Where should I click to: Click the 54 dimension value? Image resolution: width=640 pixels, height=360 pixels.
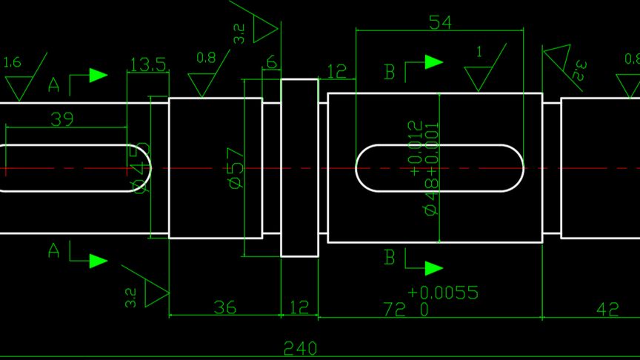[440, 22]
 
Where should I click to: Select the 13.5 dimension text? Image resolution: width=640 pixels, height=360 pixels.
[147, 65]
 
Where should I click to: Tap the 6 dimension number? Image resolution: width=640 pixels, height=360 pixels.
[271, 63]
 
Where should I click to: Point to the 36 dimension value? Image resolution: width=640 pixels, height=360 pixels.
[225, 307]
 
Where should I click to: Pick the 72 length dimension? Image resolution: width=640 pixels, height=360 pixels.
[393, 309]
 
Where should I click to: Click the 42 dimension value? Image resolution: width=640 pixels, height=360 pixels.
[607, 309]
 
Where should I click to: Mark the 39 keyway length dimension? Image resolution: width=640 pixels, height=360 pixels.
[62, 119]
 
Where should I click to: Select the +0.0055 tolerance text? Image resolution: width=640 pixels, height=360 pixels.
[442, 293]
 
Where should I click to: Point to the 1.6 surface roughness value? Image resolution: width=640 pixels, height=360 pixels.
[12, 63]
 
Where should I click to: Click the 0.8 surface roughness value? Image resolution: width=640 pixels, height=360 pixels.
[207, 56]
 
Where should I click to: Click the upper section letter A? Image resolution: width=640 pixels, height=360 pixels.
[53, 85]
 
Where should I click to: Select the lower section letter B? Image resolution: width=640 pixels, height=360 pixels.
[390, 258]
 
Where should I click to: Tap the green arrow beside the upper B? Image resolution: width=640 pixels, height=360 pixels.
[433, 63]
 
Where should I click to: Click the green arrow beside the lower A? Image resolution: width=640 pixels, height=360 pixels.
[98, 261]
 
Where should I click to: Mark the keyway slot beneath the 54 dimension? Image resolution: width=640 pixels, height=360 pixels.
[440, 167]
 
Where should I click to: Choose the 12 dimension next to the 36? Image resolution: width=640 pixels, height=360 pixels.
[299, 307]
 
